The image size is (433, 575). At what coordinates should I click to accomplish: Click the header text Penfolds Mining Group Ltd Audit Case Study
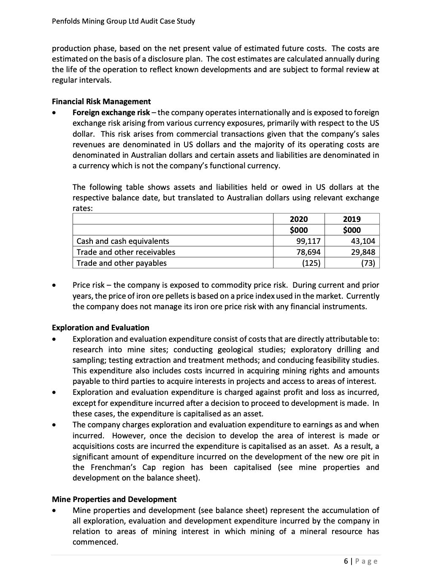(x=123, y=21)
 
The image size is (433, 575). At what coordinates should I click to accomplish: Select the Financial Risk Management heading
(x=101, y=102)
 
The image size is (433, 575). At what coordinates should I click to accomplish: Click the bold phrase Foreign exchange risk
(x=111, y=113)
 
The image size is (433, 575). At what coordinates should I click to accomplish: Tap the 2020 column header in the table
(x=299, y=219)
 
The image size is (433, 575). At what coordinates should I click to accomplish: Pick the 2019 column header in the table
(x=352, y=219)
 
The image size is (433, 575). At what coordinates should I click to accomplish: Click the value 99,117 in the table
(x=309, y=241)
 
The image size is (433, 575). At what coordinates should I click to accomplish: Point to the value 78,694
(x=309, y=252)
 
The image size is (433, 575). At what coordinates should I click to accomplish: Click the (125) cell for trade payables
(x=311, y=263)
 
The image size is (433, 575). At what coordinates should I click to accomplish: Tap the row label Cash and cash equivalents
(x=122, y=241)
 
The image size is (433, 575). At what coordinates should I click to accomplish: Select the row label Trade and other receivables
(x=126, y=252)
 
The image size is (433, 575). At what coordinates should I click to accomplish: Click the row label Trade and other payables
(x=122, y=263)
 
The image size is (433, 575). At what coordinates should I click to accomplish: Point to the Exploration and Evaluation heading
(x=100, y=328)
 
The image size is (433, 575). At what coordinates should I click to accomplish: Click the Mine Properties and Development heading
(x=114, y=499)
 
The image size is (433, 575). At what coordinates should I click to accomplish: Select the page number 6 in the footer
(x=346, y=561)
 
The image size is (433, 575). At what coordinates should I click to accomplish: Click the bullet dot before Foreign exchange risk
(x=54, y=113)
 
